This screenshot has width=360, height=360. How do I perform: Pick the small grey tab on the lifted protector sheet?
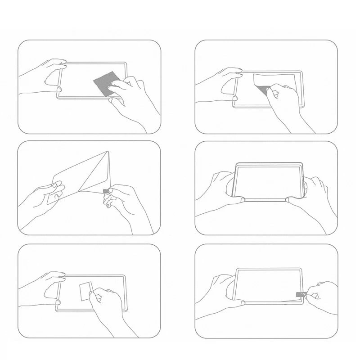(106, 191)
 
